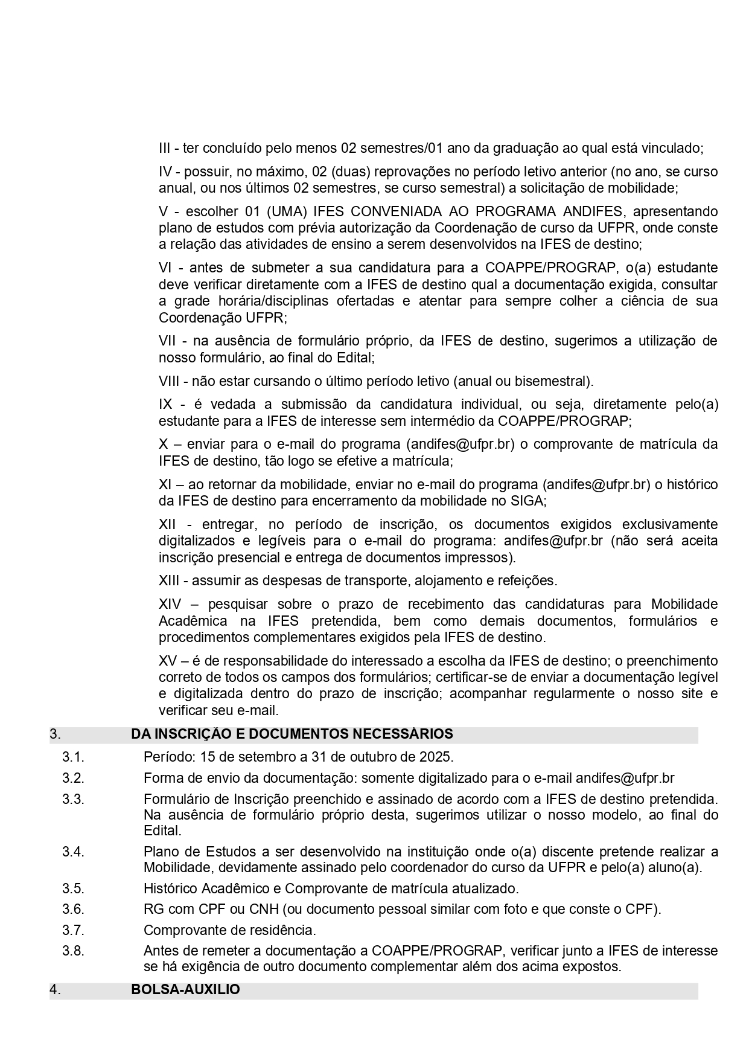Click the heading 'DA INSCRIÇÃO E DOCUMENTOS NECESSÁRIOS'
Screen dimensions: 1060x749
click(292, 734)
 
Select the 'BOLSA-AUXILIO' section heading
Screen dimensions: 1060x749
click(185, 989)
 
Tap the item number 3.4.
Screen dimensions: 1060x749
click(73, 852)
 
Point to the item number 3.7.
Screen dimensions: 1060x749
click(73, 930)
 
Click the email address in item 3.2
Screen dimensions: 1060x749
click(625, 777)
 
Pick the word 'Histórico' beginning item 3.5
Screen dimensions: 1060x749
click(171, 888)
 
